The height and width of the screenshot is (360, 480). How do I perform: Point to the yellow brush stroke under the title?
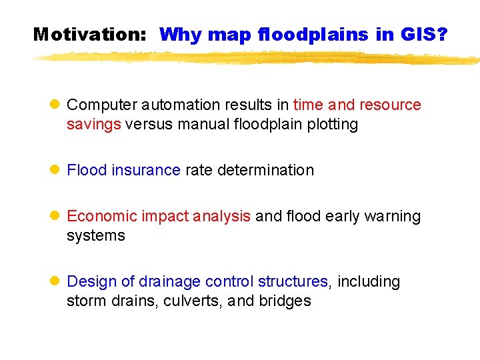click(253, 59)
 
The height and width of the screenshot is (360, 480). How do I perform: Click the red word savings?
click(93, 125)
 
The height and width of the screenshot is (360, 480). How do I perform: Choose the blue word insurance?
click(146, 171)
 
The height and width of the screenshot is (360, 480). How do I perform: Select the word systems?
click(95, 236)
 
